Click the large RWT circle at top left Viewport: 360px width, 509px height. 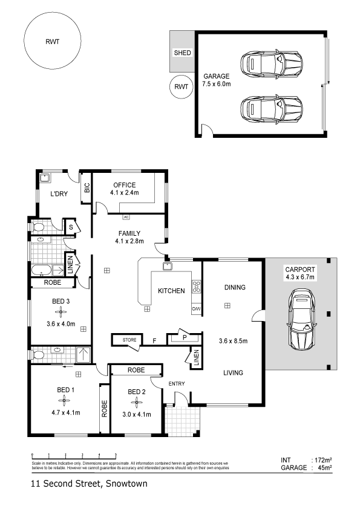(53, 42)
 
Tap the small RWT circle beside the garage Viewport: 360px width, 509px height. (180, 86)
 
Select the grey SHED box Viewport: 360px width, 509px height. (182, 53)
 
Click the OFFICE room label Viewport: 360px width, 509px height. (124, 185)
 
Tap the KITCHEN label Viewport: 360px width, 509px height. (171, 291)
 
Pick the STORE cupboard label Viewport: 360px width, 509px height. (129, 340)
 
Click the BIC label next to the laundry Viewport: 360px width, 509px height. (87, 188)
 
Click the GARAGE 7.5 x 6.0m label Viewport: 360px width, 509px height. (216, 80)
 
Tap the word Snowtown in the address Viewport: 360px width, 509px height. (126, 484)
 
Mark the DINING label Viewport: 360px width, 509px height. (235, 287)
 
